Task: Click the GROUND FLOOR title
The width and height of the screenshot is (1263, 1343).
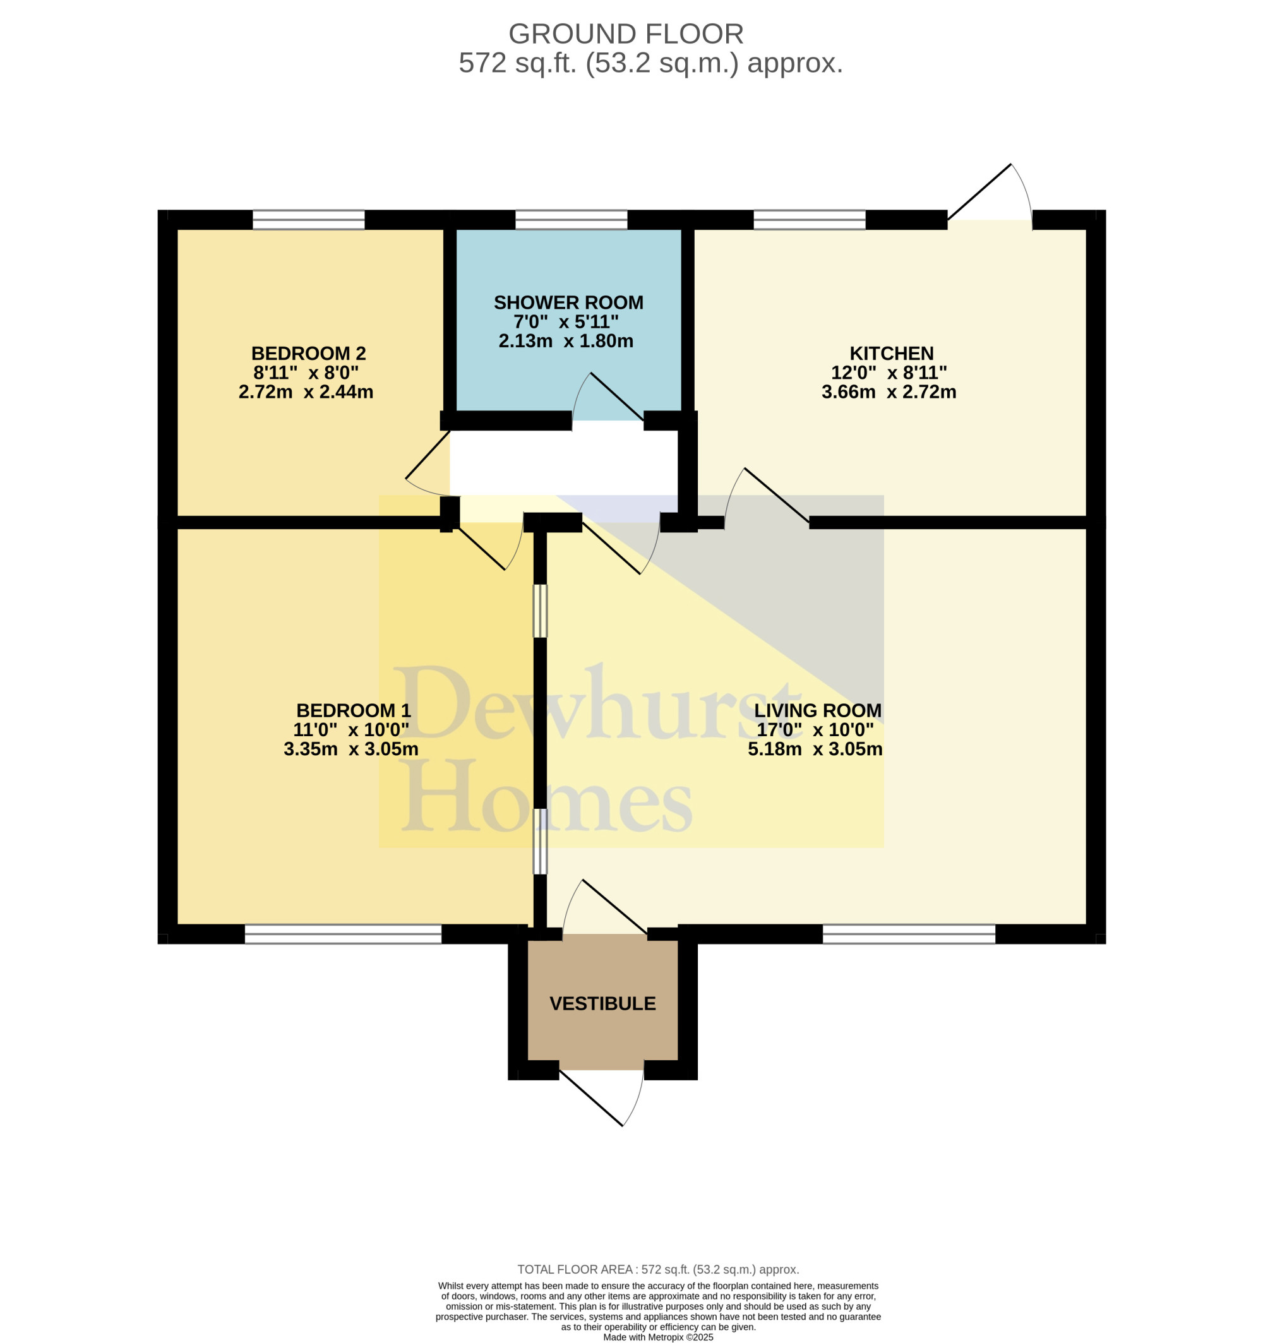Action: pos(626,33)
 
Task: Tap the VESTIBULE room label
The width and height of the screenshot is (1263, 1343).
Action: pos(603,1004)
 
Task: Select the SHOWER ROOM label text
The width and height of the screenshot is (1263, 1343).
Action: pos(568,302)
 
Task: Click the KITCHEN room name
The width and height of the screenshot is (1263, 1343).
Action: pos(891,354)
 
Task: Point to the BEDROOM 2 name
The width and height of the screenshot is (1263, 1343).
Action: pos(308,354)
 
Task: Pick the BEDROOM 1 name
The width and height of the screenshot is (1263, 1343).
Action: pos(354,711)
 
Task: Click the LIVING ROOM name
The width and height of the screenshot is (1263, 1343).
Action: pos(818,711)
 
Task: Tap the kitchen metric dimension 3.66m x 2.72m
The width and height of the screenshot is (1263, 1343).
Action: pos(889,392)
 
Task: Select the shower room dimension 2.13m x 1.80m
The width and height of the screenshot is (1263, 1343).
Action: pos(566,341)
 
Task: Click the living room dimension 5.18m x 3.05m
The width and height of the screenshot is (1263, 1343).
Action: pos(815,749)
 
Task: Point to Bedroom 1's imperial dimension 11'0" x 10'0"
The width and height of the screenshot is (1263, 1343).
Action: pos(350,730)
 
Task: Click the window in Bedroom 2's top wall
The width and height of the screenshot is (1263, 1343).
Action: pos(309,220)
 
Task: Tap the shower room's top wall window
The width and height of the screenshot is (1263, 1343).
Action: pos(571,220)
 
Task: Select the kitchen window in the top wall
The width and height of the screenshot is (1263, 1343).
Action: pos(810,220)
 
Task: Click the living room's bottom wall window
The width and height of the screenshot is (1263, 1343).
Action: pos(909,934)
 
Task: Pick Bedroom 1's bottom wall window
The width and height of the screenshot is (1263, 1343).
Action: pos(344,934)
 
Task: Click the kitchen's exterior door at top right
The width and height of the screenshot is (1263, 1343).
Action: pos(990,196)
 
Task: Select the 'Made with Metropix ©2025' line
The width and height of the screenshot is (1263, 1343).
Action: pos(658,1337)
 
